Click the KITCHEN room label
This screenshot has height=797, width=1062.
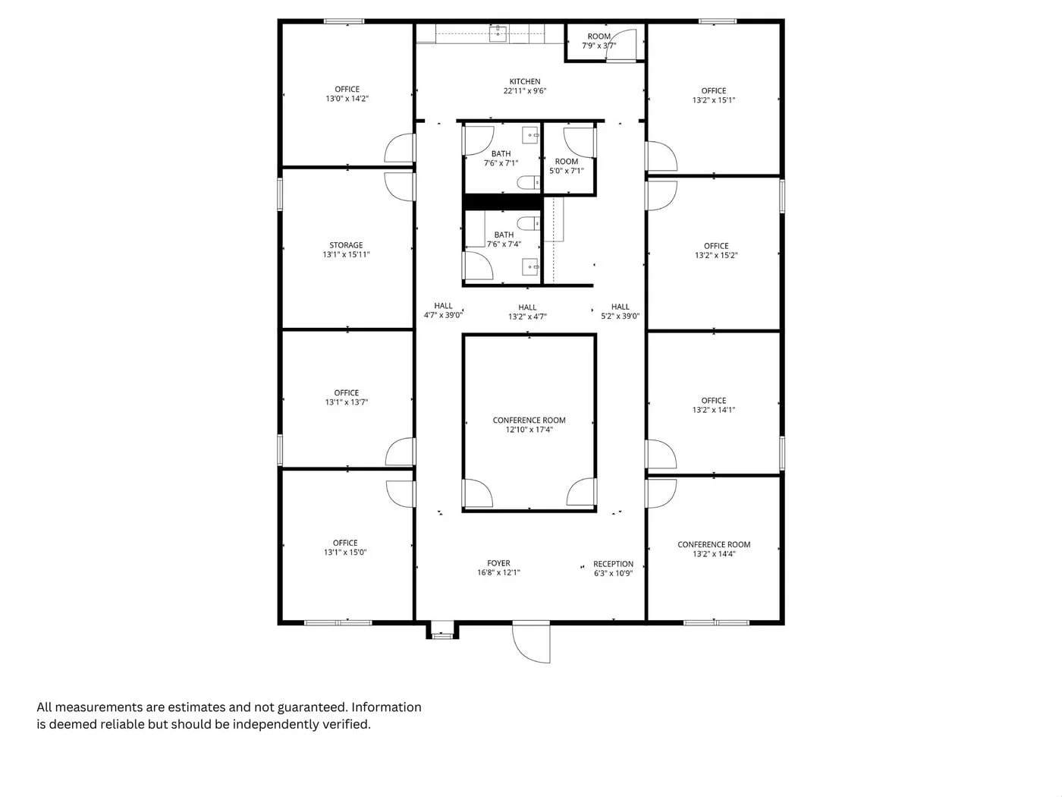point(525,82)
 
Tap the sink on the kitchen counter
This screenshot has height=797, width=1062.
point(498,33)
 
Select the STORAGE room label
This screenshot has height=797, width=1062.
point(346,245)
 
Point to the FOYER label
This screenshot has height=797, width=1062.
point(498,563)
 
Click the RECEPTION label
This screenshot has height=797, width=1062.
point(613,564)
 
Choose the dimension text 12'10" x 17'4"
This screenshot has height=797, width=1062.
point(529,430)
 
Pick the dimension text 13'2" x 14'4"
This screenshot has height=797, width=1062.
point(714,554)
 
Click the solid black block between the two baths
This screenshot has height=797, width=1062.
point(501,202)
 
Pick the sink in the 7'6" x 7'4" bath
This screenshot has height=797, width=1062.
point(530,266)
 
